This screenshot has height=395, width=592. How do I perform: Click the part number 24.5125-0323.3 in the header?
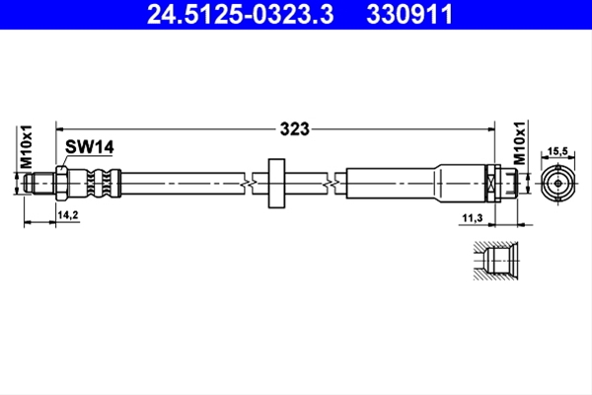[x=240, y=15]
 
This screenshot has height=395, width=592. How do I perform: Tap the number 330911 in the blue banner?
[x=409, y=15]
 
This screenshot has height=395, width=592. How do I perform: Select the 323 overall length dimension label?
[x=294, y=129]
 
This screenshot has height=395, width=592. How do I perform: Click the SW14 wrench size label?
[x=90, y=147]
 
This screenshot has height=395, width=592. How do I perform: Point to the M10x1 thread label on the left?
[x=26, y=147]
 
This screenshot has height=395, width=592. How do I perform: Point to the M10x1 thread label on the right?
[x=520, y=143]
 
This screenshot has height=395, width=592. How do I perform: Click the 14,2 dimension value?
[x=68, y=215]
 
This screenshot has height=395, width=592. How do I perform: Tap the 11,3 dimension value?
[x=473, y=218]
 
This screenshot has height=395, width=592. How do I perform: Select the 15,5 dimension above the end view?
[x=557, y=151]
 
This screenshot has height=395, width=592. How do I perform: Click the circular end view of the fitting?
[x=558, y=184]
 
